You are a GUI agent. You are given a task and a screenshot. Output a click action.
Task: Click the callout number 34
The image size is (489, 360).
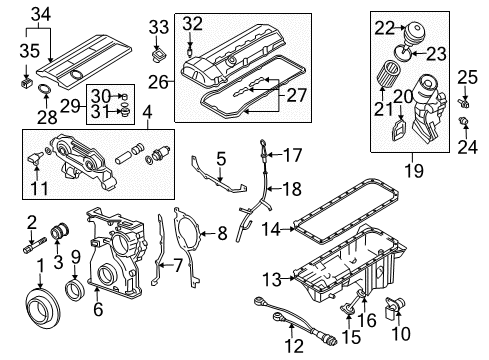pyautogui.click(x=41, y=15)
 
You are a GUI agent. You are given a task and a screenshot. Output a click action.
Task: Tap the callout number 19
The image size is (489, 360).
pyautogui.click(x=414, y=170)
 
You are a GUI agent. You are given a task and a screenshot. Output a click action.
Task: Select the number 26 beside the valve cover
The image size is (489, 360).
pyautogui.click(x=158, y=82)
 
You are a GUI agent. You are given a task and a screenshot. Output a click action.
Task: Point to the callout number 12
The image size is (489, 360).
pyautogui.click(x=294, y=346)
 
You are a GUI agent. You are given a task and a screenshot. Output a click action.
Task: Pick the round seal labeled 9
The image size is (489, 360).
pyautogui.click(x=75, y=289)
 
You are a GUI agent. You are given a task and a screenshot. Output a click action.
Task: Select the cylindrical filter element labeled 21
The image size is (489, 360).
pyautogui.click(x=387, y=73)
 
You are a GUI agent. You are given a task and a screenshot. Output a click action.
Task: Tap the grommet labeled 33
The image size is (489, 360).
pyautogui.click(x=158, y=55)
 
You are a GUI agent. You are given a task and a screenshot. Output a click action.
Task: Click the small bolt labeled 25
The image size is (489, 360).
pyautogui.click(x=463, y=103)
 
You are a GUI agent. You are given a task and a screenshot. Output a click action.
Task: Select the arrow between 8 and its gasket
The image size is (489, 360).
pyautogui.click(x=208, y=234)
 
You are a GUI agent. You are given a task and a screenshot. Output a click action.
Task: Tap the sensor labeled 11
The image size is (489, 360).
pyautogui.click(x=35, y=156)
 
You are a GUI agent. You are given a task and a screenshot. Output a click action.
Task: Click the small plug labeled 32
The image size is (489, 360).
pyautogui.click(x=190, y=53)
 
